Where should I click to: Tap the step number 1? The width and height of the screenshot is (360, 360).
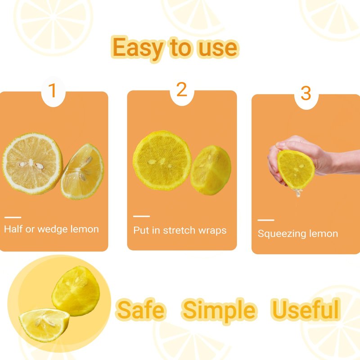pyautogui.click(x=53, y=90)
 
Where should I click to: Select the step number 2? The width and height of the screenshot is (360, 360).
pyautogui.click(x=182, y=89)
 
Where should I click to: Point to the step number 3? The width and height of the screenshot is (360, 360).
pyautogui.click(x=306, y=93)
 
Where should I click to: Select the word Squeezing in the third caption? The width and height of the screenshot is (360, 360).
pyautogui.click(x=282, y=234)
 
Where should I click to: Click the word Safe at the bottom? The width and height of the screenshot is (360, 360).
pyautogui.click(x=140, y=310)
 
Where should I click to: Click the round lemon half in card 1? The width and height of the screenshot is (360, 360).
pyautogui.click(x=32, y=163)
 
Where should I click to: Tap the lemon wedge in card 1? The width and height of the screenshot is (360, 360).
pyautogui.click(x=82, y=171)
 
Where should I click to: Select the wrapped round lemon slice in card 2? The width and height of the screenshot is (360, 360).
pyautogui.click(x=162, y=161)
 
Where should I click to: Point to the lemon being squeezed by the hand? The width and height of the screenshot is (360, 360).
pyautogui.click(x=296, y=170)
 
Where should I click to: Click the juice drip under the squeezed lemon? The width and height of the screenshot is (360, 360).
pyautogui.click(x=297, y=193)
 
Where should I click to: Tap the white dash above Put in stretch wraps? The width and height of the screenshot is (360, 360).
pyautogui.click(x=141, y=216)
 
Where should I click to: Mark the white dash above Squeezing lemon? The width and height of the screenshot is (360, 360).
pyautogui.click(x=266, y=220)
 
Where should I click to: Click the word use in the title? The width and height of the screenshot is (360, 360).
pyautogui.click(x=218, y=49)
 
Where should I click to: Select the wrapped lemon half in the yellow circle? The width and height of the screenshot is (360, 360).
pyautogui.click(x=76, y=291)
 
